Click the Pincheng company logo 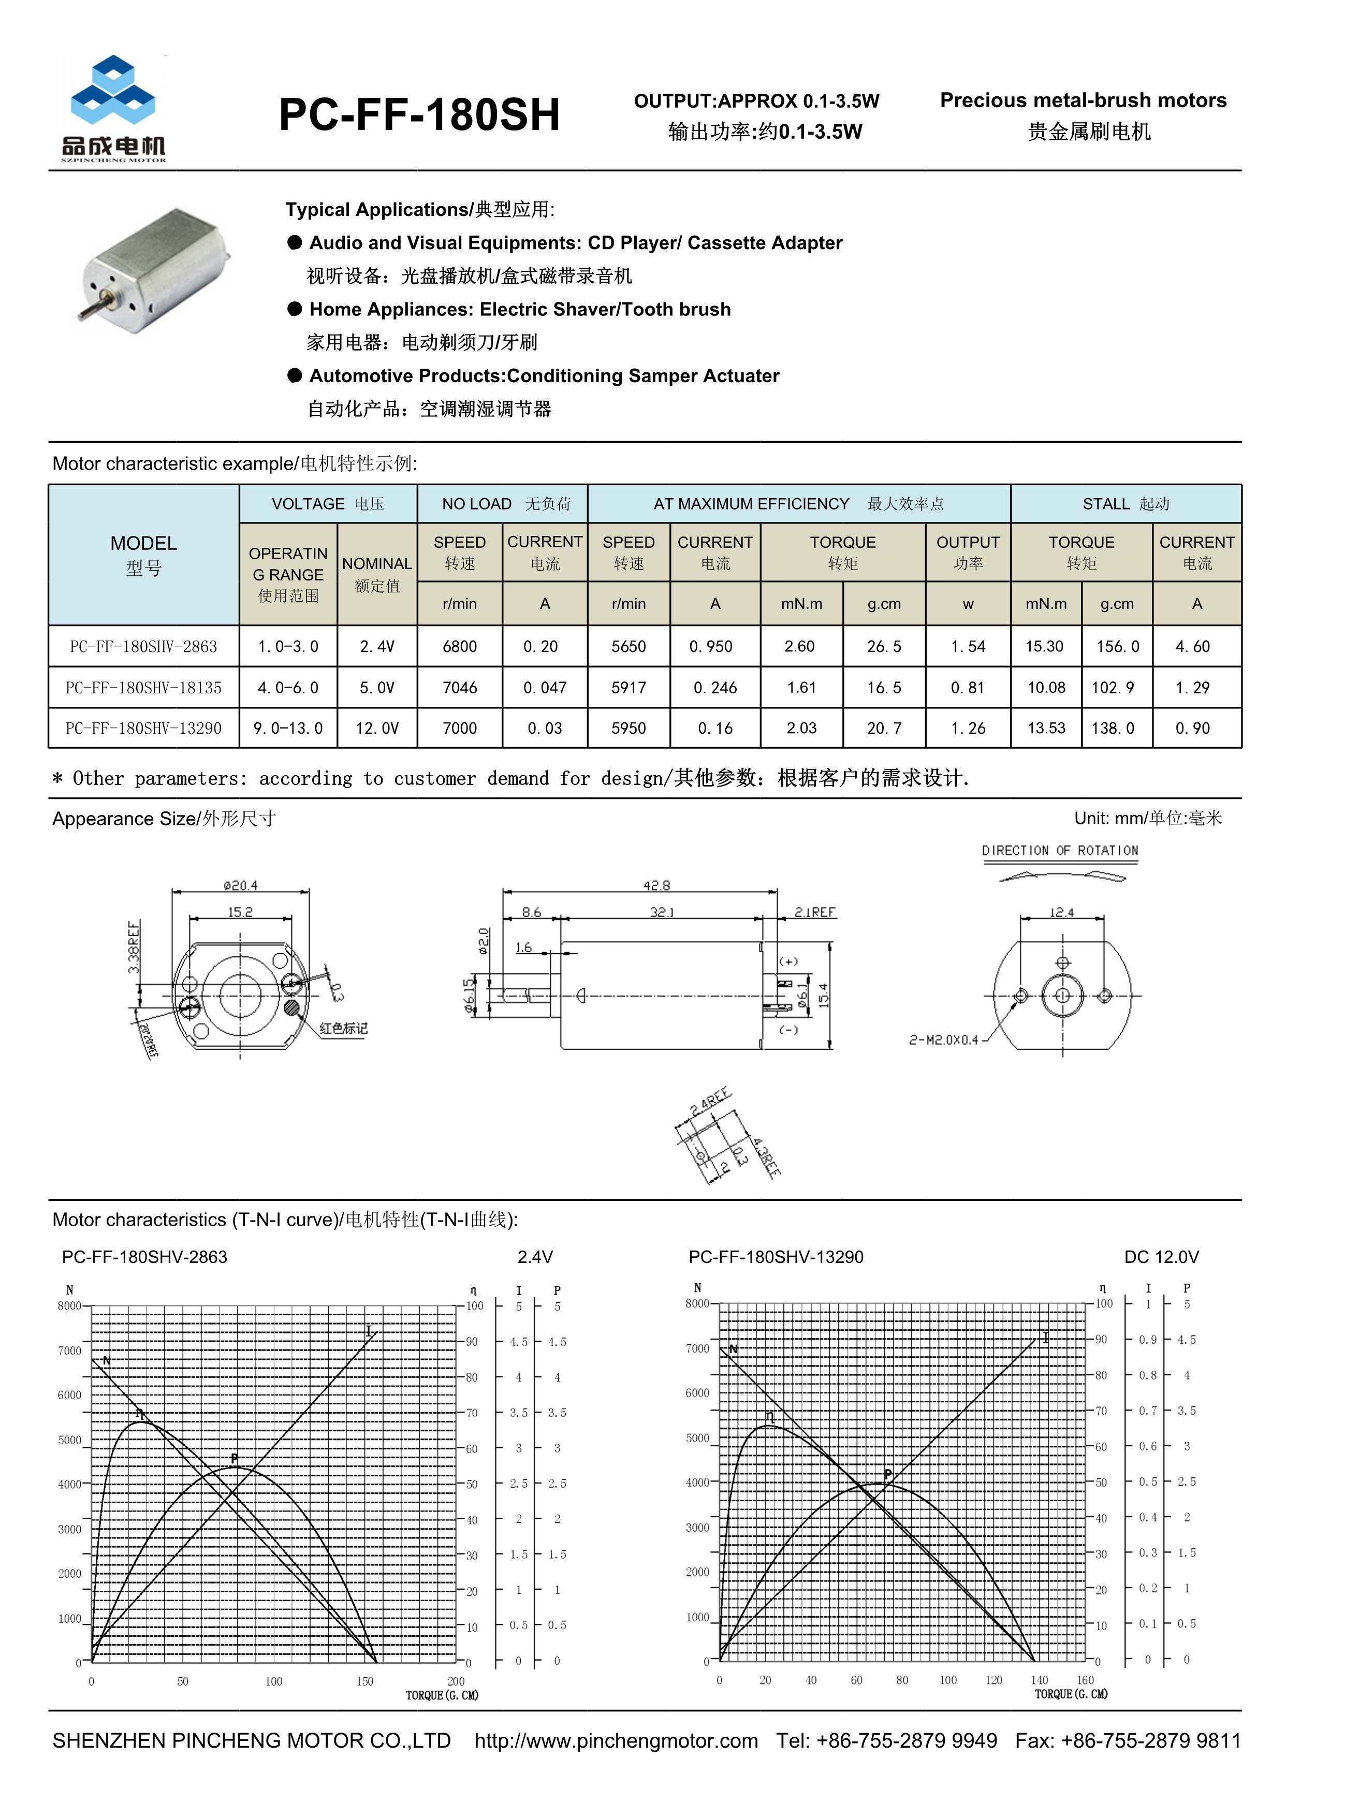[113, 107]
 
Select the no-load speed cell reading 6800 [460, 647]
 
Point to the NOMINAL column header [377, 564]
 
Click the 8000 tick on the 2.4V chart [69, 1306]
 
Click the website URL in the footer [616, 1740]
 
